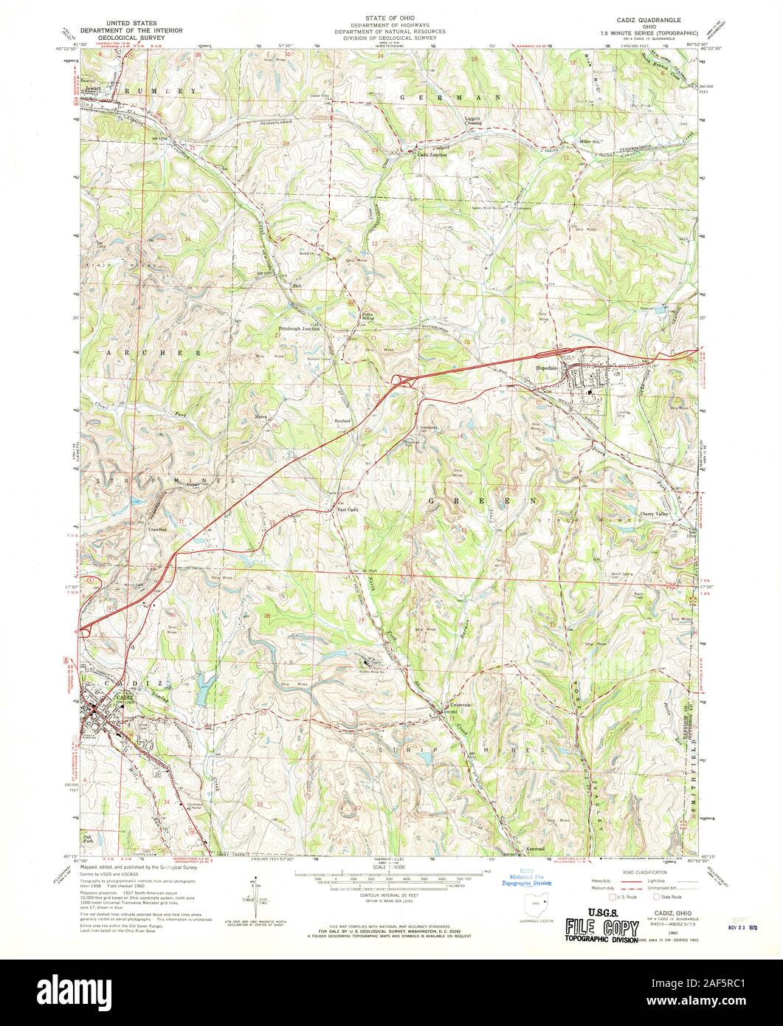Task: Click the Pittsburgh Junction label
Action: (x=299, y=328)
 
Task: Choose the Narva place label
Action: (x=259, y=416)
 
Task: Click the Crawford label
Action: (x=156, y=529)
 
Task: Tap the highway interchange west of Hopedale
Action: (x=401, y=381)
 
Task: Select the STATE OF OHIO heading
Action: (x=390, y=14)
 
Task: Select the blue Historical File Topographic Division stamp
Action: (x=526, y=875)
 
